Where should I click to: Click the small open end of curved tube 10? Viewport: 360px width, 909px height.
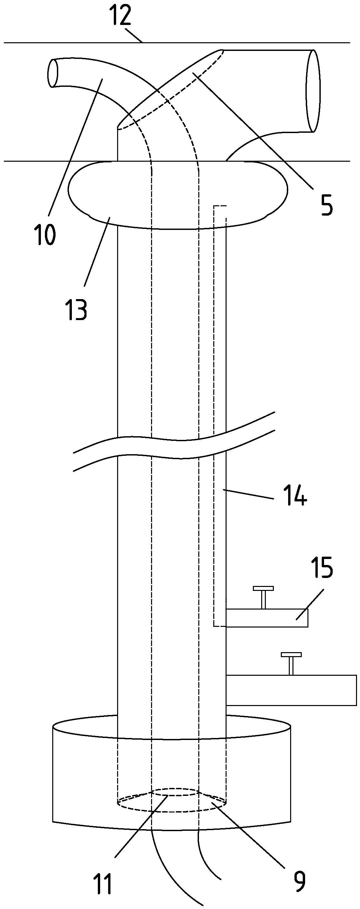[53, 73]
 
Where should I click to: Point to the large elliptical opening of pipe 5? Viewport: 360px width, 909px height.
[313, 91]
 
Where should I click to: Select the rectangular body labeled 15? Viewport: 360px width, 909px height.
[267, 618]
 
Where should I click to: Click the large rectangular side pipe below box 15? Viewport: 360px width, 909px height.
[291, 690]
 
